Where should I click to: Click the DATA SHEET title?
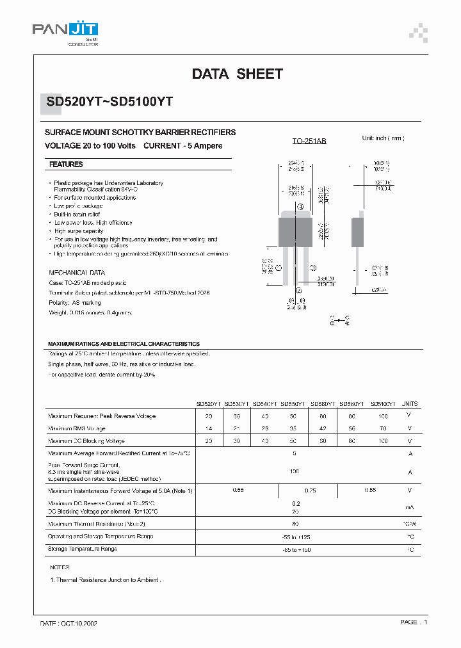pyautogui.click(x=237, y=74)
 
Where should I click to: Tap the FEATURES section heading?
pyautogui.click(x=67, y=165)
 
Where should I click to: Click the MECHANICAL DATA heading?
pyautogui.click(x=77, y=272)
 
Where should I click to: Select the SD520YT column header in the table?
pyautogui.click(x=208, y=404)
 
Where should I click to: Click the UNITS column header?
pyautogui.click(x=410, y=404)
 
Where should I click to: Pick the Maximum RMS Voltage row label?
pyautogui.click(x=77, y=428)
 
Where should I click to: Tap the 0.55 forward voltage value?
pyautogui.click(x=238, y=490)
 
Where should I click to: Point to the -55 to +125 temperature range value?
pyautogui.click(x=295, y=537)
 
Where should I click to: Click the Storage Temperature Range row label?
pyautogui.click(x=83, y=549)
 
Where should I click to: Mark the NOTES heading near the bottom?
pyautogui.click(x=60, y=567)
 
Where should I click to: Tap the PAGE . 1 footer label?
pyautogui.click(x=414, y=622)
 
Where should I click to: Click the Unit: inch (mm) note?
pyautogui.click(x=383, y=138)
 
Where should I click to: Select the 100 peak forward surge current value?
pyautogui.click(x=295, y=471)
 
